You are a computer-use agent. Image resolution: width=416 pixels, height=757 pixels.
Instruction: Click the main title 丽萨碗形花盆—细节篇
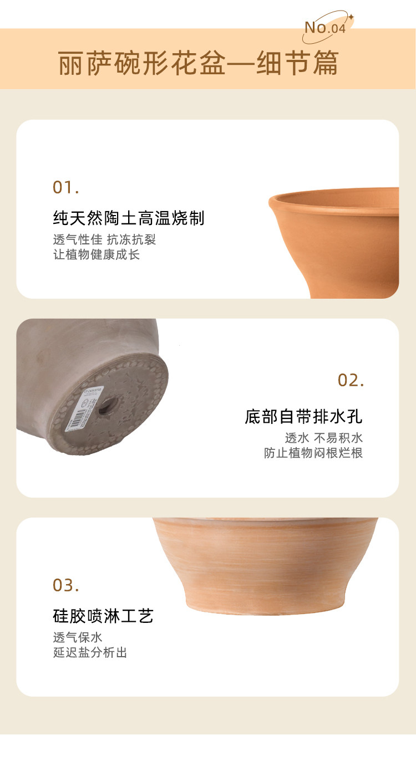point(198,63)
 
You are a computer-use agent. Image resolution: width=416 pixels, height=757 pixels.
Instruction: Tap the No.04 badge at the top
point(325,28)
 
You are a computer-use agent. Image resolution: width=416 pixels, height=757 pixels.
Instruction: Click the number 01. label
point(66,187)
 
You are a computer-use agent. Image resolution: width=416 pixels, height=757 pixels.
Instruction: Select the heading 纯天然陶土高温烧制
point(129,218)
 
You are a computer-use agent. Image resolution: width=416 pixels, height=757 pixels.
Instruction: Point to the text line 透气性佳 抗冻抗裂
point(104,239)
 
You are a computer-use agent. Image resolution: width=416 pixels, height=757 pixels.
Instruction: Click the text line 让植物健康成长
point(97,254)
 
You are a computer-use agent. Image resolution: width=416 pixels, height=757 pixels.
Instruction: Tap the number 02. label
point(351,380)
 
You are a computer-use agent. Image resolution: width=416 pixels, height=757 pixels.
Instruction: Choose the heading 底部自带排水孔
point(303,416)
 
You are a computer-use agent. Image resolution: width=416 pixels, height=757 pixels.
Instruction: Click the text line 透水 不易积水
point(324,438)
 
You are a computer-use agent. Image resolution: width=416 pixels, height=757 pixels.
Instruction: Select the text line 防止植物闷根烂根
point(313,453)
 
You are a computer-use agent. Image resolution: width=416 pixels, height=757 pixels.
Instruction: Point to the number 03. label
point(66,586)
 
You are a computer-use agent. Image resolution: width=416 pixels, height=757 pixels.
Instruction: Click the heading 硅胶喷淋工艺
point(103,616)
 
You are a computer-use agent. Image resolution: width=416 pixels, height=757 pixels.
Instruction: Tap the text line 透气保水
point(78,638)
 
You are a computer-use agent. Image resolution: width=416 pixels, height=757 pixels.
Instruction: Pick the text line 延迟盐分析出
point(90,653)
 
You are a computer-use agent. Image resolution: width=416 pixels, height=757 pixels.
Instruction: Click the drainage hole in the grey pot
point(108,405)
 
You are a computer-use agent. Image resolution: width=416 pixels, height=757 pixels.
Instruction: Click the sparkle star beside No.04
point(351,17)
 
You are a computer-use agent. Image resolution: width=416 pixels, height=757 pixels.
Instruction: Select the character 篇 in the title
point(326,63)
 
